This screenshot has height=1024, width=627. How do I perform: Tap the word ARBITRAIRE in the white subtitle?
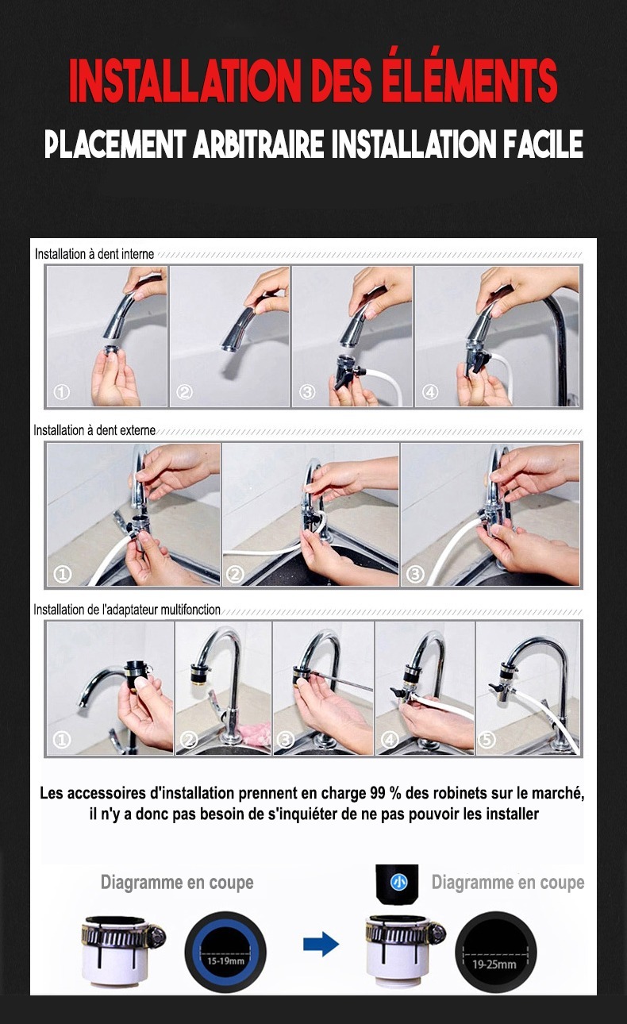[x=258, y=144]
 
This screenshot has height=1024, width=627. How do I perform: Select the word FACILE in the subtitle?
[x=543, y=144]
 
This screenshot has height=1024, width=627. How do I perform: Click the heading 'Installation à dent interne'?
[x=94, y=254]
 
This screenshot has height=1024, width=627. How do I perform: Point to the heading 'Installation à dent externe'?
[x=94, y=430]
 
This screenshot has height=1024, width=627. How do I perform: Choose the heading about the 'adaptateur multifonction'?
[x=127, y=610]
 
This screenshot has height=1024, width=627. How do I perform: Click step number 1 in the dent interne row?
[x=61, y=392]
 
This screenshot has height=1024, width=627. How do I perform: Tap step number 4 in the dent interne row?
[x=430, y=392]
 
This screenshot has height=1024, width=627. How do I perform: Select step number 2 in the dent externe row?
[x=235, y=574]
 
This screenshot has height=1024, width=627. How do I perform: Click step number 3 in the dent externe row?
[x=415, y=574]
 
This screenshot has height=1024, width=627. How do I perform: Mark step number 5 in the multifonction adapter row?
[x=487, y=740]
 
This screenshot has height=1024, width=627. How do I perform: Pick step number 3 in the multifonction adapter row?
[x=286, y=740]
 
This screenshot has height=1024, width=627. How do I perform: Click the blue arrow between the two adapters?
[x=321, y=944]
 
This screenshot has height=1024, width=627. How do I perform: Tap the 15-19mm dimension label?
[x=225, y=960]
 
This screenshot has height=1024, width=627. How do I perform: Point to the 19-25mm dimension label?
[x=494, y=964]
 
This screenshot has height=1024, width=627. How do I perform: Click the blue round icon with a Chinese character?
[x=398, y=882]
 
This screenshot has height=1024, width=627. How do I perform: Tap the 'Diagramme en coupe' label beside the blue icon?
[x=508, y=882]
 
